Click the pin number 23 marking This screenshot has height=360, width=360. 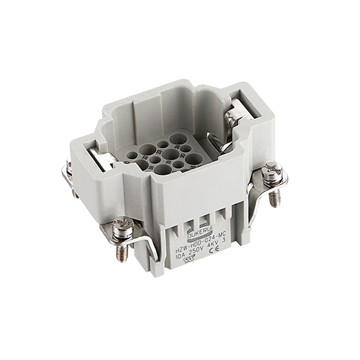click(x=157, y=152)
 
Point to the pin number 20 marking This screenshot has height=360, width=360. click(x=182, y=156)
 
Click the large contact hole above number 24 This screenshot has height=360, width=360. click(x=178, y=139)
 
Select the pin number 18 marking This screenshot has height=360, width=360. click(x=150, y=168)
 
